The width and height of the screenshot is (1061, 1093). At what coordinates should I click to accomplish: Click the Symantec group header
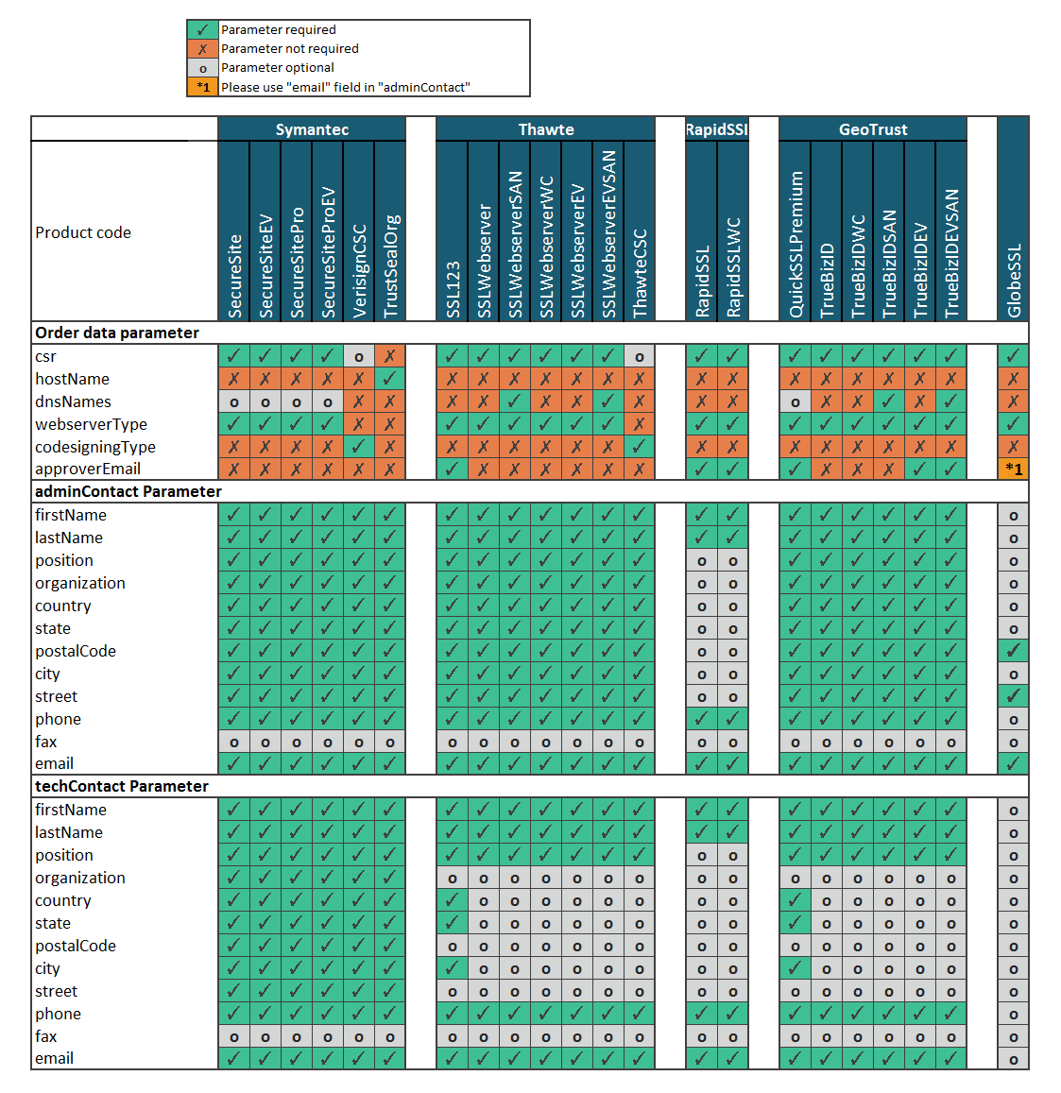click(x=312, y=129)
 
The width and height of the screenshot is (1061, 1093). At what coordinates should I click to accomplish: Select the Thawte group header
click(x=545, y=129)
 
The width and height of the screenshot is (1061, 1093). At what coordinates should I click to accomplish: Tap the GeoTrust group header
click(x=872, y=129)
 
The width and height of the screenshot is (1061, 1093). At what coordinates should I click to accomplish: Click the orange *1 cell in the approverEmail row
click(x=1013, y=469)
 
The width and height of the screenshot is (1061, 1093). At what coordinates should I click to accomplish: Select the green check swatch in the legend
click(x=202, y=30)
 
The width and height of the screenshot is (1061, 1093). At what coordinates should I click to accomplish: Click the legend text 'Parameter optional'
click(x=278, y=68)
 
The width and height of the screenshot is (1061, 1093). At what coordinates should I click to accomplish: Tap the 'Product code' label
click(x=83, y=232)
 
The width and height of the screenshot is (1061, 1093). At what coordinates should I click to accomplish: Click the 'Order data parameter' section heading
click(x=117, y=333)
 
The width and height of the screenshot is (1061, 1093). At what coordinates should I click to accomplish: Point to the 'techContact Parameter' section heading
click(x=122, y=786)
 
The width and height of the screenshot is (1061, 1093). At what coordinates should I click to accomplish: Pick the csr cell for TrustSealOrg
click(x=390, y=356)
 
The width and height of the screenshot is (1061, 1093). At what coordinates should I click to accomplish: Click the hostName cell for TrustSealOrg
click(x=390, y=379)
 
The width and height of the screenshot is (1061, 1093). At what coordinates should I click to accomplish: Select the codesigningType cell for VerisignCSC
click(x=359, y=447)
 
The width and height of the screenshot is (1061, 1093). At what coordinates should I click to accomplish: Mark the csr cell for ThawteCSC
click(x=640, y=356)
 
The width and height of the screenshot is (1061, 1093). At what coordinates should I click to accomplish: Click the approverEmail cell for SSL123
click(x=453, y=469)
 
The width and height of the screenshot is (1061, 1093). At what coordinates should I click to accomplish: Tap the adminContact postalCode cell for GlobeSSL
click(x=1013, y=651)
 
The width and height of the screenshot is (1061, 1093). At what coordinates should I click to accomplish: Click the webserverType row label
click(x=91, y=424)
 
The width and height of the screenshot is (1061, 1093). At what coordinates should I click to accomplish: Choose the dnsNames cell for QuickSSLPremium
click(x=796, y=401)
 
